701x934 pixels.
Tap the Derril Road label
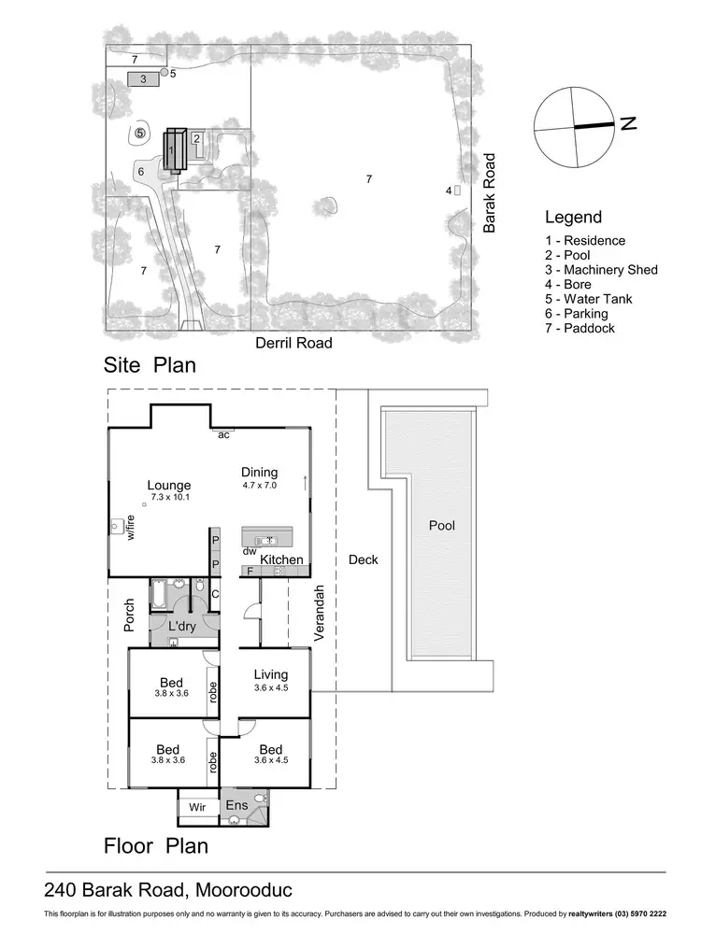click(x=293, y=343)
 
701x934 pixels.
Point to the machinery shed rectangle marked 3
click(x=143, y=79)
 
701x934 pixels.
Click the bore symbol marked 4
click(x=457, y=191)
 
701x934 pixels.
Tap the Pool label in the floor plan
click(x=441, y=526)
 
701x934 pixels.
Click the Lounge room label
click(x=169, y=486)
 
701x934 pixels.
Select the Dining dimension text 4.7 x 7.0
click(x=260, y=486)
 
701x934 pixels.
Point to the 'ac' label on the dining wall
click(x=223, y=434)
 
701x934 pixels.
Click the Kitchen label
click(x=281, y=559)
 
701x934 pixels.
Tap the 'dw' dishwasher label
click(x=250, y=551)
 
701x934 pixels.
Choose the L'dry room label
click(x=181, y=627)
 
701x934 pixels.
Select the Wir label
click(x=196, y=805)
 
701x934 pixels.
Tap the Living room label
click(x=271, y=674)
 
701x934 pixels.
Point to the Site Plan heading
click(x=150, y=365)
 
